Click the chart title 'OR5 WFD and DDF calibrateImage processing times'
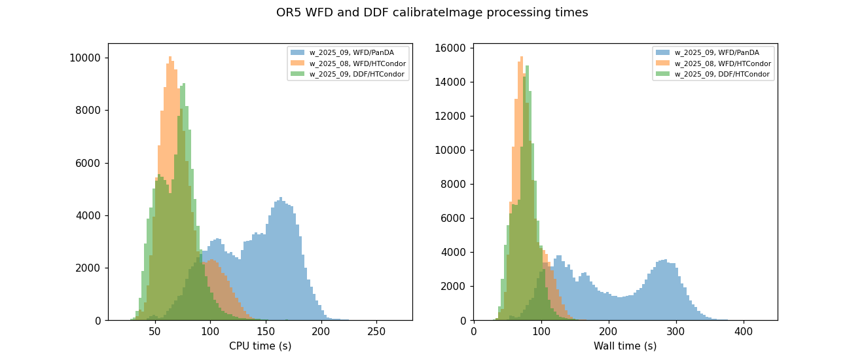click(x=432, y=12)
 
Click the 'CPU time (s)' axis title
click(x=260, y=346)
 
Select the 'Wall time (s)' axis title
click(x=625, y=346)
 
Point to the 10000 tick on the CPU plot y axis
click(x=86, y=58)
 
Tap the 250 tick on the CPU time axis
click(x=376, y=332)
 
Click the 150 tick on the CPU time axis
click(x=265, y=332)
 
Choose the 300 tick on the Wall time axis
click(x=676, y=332)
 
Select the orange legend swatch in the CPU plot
click(x=298, y=63)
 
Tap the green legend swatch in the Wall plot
click(x=663, y=74)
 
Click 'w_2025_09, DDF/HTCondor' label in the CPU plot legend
click(x=357, y=74)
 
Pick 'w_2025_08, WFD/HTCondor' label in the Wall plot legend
click(x=723, y=63)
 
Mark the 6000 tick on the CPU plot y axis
click(x=89, y=163)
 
